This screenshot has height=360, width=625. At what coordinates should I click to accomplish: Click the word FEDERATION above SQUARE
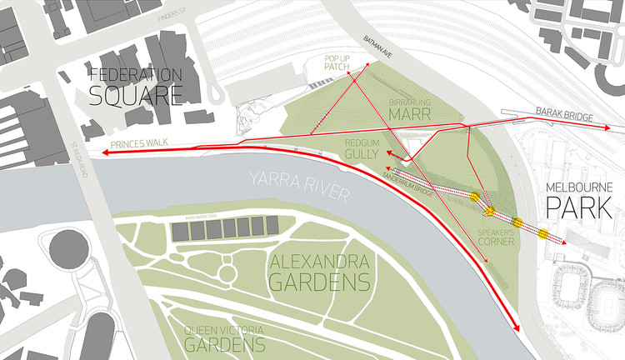click(x=136, y=73)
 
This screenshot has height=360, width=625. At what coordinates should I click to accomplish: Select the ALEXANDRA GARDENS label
click(x=319, y=269)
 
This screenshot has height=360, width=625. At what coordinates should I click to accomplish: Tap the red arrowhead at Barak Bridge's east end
click(x=607, y=127)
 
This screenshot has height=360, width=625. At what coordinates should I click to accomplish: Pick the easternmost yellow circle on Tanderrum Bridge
click(x=543, y=233)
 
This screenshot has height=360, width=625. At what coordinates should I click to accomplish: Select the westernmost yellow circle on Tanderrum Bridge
click(x=475, y=197)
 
